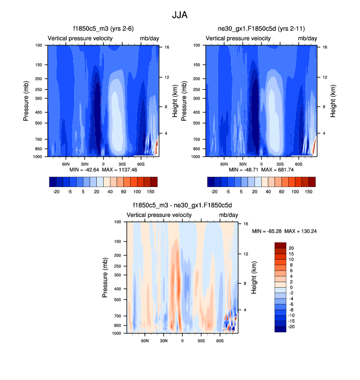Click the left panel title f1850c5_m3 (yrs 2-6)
tap(104, 28)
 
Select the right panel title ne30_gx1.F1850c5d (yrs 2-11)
tap(261, 28)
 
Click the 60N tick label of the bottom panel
tap(145, 340)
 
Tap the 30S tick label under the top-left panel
tap(122, 163)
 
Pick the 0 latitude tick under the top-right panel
tap(261, 163)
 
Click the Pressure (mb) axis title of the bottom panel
tap(105, 278)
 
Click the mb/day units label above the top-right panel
tap(307, 38)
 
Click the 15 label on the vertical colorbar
tap(291, 254)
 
